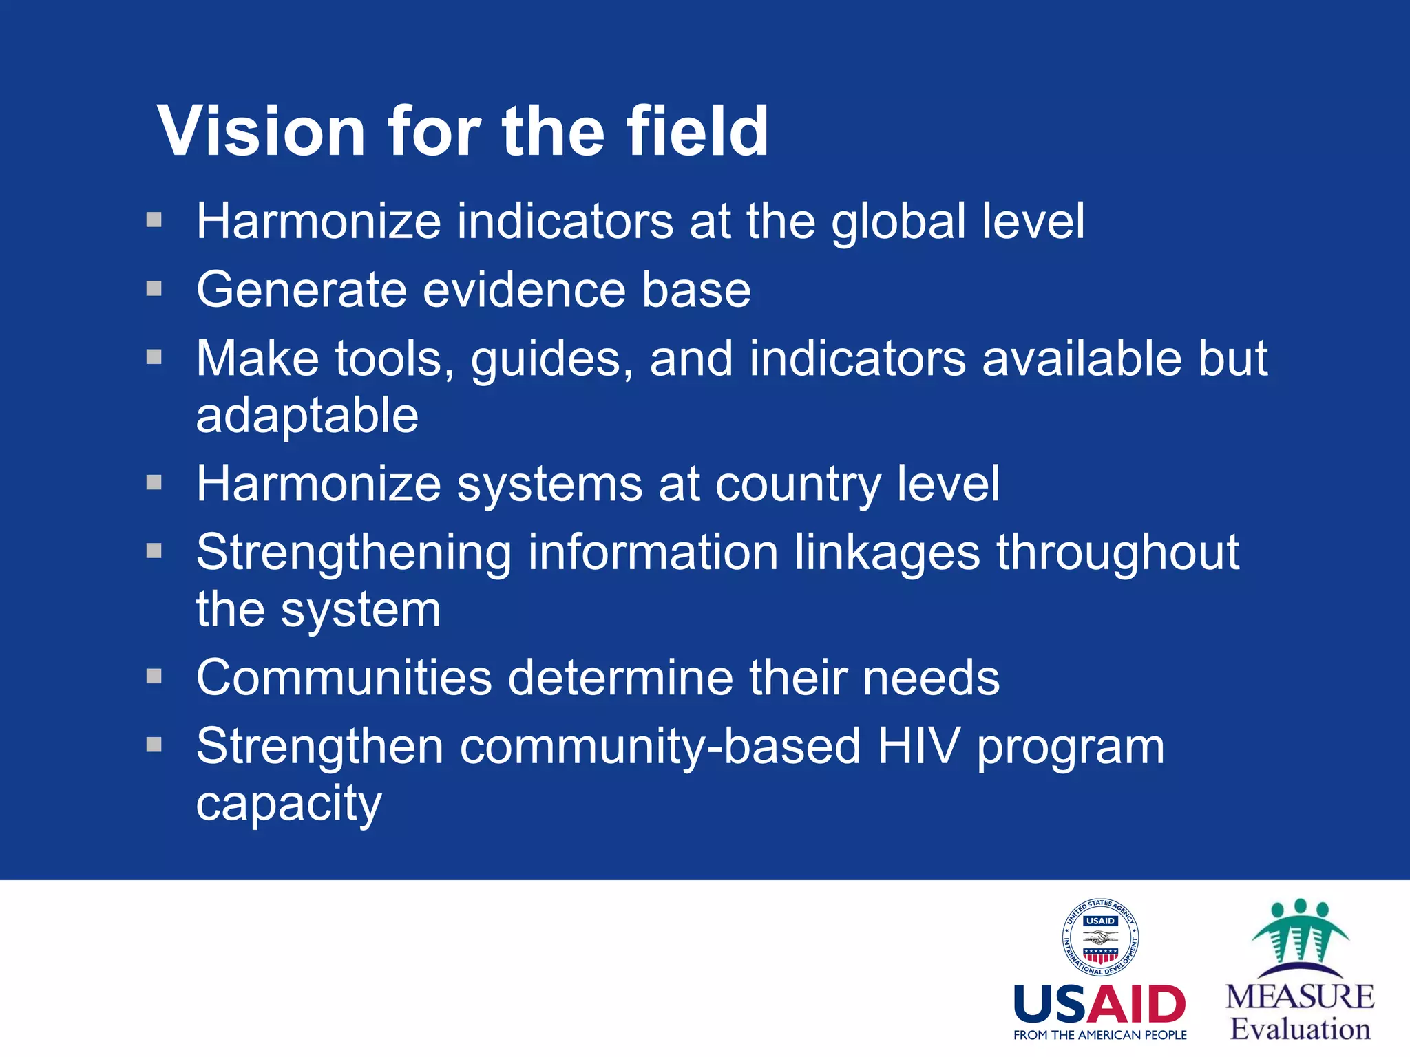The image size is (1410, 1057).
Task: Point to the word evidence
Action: click(x=523, y=289)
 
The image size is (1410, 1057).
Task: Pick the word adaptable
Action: click(x=307, y=416)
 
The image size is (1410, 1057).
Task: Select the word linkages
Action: click(x=887, y=553)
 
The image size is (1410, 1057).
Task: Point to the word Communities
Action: click(x=344, y=678)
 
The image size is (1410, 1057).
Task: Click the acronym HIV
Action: click(x=918, y=747)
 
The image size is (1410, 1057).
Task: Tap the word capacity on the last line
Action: click(x=288, y=803)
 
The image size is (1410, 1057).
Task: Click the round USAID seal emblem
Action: click(x=1100, y=937)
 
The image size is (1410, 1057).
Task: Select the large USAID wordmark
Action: click(x=1099, y=1005)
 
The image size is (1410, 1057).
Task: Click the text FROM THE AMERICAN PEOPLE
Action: click(x=1099, y=1035)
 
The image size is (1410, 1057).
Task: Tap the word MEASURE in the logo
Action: click(x=1300, y=997)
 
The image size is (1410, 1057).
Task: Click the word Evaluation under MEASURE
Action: click(x=1300, y=1029)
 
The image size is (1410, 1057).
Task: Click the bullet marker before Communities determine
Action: click(x=154, y=676)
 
